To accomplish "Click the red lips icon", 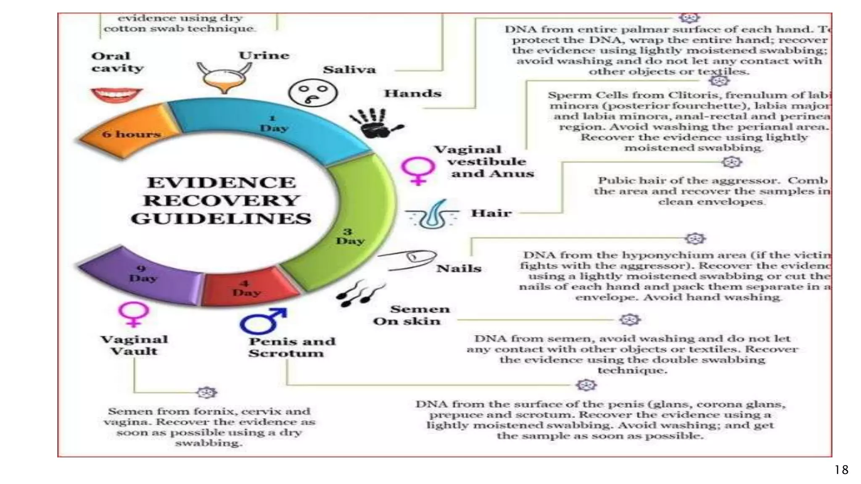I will [x=116, y=95].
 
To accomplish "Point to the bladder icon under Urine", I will [x=224, y=78].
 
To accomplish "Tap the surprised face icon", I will [x=312, y=93].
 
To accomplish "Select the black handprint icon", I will [x=374, y=123].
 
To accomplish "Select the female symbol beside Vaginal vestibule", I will [x=417, y=171].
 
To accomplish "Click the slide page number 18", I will [x=842, y=469].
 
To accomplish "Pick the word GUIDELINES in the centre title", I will [x=222, y=218].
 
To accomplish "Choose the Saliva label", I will [x=349, y=70].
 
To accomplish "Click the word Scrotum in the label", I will [x=286, y=353].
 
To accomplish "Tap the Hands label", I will [x=412, y=93].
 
